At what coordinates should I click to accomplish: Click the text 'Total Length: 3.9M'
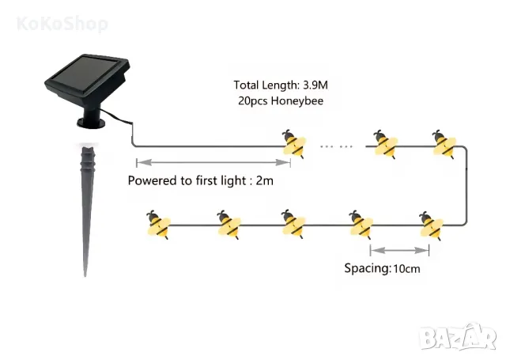(281, 85)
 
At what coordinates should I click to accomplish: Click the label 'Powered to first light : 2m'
(201, 180)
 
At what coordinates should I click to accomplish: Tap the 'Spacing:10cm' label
(383, 267)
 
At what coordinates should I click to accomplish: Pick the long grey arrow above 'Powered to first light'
(213, 163)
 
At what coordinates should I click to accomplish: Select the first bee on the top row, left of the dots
(295, 143)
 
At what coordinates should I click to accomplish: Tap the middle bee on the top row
(386, 143)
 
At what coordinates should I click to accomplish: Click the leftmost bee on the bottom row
(158, 226)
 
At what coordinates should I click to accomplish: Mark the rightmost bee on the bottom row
(429, 226)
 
